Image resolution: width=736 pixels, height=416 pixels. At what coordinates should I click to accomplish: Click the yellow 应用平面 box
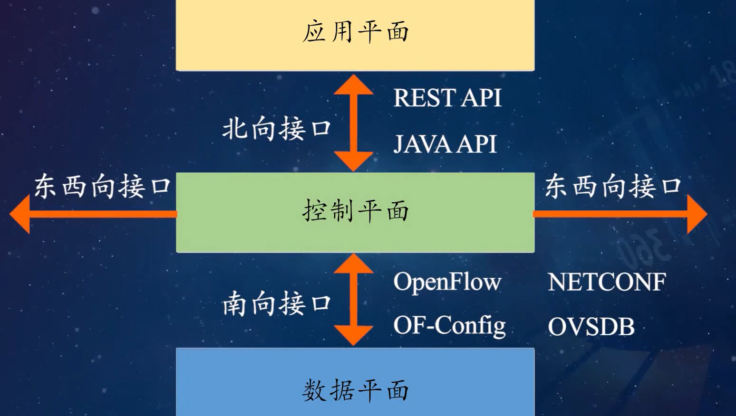(x=355, y=33)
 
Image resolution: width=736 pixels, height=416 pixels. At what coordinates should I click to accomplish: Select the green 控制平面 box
(x=355, y=212)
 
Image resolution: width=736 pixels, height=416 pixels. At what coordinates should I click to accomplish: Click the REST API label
(x=447, y=98)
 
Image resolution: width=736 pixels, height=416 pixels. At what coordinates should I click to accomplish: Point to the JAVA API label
(x=445, y=144)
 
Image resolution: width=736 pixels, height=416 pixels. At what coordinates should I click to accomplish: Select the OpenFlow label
(x=447, y=282)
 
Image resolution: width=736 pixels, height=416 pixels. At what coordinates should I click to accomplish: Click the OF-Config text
(x=449, y=326)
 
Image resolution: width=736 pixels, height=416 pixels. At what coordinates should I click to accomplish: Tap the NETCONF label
(x=607, y=282)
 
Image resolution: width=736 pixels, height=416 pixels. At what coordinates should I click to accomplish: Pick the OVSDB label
(x=591, y=327)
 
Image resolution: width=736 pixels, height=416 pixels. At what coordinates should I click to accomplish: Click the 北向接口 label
(x=276, y=128)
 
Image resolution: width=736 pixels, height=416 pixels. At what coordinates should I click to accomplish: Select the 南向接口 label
(x=276, y=304)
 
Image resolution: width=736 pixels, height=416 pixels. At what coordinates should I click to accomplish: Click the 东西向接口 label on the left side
(x=102, y=186)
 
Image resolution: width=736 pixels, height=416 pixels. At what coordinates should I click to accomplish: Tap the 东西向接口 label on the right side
(x=613, y=186)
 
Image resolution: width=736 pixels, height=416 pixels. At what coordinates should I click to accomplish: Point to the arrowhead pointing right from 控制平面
(x=696, y=214)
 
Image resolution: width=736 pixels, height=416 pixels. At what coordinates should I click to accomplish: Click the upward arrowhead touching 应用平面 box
(x=353, y=85)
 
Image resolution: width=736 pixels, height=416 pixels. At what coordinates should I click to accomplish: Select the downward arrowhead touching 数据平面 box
(x=353, y=335)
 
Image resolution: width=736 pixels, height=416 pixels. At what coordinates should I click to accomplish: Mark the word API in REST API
(x=481, y=98)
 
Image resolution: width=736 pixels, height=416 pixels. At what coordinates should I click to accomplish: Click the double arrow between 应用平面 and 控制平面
(x=353, y=123)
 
